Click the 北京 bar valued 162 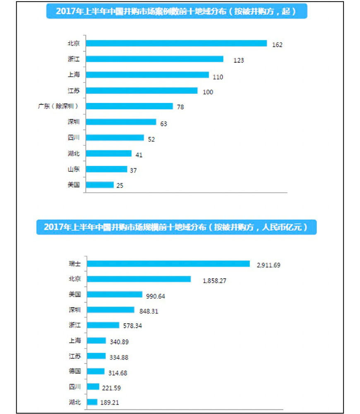177,43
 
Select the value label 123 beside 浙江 238,60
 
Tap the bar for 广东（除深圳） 129,106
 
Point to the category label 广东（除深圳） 58,106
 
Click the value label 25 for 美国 119,185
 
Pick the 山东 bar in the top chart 106,169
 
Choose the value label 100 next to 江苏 208,92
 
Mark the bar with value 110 147,75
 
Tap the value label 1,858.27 214,281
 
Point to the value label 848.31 149,311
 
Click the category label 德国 74,371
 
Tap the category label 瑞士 74,264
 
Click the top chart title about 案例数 176,12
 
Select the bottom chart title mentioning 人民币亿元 176,227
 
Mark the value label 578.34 132,326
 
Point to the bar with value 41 108,154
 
